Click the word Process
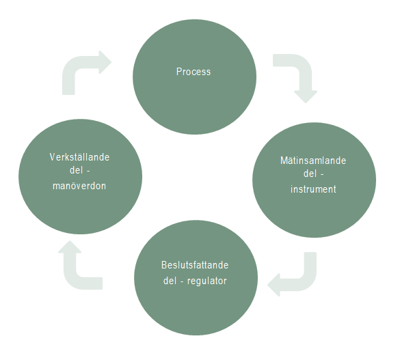pyautogui.click(x=194, y=72)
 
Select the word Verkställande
pyautogui.click(x=79, y=157)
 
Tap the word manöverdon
pyautogui.click(x=79, y=186)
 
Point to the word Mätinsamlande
pyautogui.click(x=313, y=161)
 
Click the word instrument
pyautogui.click(x=313, y=189)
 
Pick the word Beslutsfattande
pyautogui.click(x=195, y=265)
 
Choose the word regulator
pyautogui.click(x=207, y=281)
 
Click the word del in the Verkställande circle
pyautogui.click(x=76, y=170)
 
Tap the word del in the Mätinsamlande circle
pyautogui.click(x=310, y=174)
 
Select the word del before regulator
pyautogui.click(x=170, y=281)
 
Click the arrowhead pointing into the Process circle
pyautogui.click(x=105, y=62)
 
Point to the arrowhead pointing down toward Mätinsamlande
pyautogui.click(x=306, y=97)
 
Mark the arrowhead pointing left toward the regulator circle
pyautogui.click(x=274, y=285)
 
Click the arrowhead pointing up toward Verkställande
pyautogui.click(x=70, y=247)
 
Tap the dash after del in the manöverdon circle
pyautogui.click(x=88, y=171)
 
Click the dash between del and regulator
pyautogui.click(x=182, y=282)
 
